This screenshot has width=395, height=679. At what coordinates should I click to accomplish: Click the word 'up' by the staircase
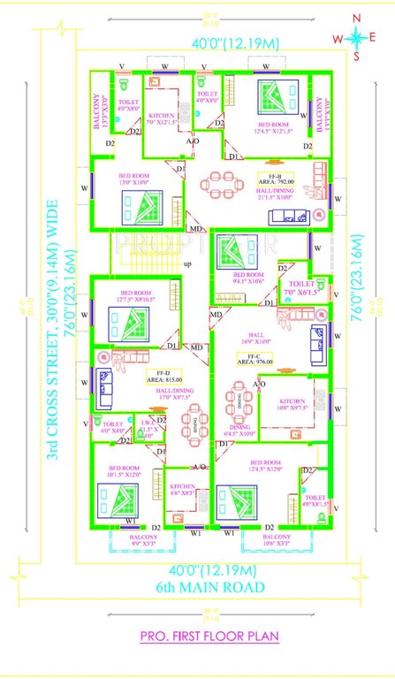click(x=186, y=263)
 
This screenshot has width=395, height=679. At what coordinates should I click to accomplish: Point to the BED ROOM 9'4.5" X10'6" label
click(x=248, y=278)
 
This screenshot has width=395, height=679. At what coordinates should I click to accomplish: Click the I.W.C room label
click(x=156, y=429)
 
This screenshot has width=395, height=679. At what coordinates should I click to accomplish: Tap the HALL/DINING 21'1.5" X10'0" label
click(x=270, y=195)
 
